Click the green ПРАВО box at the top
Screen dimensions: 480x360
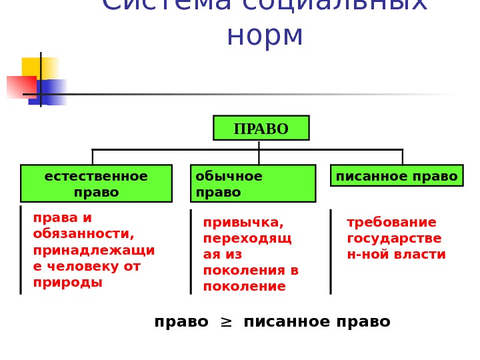(x=261, y=128)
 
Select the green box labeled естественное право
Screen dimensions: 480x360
(x=96, y=183)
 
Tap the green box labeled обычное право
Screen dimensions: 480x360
(x=253, y=183)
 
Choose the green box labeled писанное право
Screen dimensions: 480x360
(x=397, y=176)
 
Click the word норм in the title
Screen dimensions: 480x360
(x=265, y=36)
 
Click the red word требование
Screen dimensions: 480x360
(x=391, y=222)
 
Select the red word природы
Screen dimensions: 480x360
(x=68, y=282)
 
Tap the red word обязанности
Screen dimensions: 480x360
(x=83, y=234)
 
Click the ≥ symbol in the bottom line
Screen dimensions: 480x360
(x=226, y=322)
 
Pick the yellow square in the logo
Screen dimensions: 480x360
(x=39, y=68)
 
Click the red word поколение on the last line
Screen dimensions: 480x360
(x=244, y=286)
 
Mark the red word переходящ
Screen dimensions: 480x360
(x=247, y=238)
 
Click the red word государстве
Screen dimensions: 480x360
(x=394, y=238)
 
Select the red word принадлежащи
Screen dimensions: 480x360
(x=94, y=250)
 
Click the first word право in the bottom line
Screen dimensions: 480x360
(x=181, y=322)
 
